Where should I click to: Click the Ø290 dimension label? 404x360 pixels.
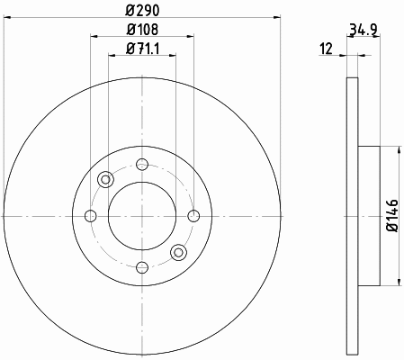point(142,11)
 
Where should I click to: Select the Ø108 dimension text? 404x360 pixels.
point(142,30)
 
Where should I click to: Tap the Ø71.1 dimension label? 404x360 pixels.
point(142,49)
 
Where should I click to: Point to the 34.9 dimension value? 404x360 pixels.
point(364,30)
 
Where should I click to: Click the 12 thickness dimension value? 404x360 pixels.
point(327,49)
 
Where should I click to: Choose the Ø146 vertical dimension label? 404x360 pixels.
point(392,215)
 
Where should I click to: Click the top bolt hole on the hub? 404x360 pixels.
point(142,165)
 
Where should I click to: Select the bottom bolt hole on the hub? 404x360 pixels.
point(142,267)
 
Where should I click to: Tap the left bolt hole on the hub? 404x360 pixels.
point(91,216)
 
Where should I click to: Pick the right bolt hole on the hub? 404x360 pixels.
point(193,216)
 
